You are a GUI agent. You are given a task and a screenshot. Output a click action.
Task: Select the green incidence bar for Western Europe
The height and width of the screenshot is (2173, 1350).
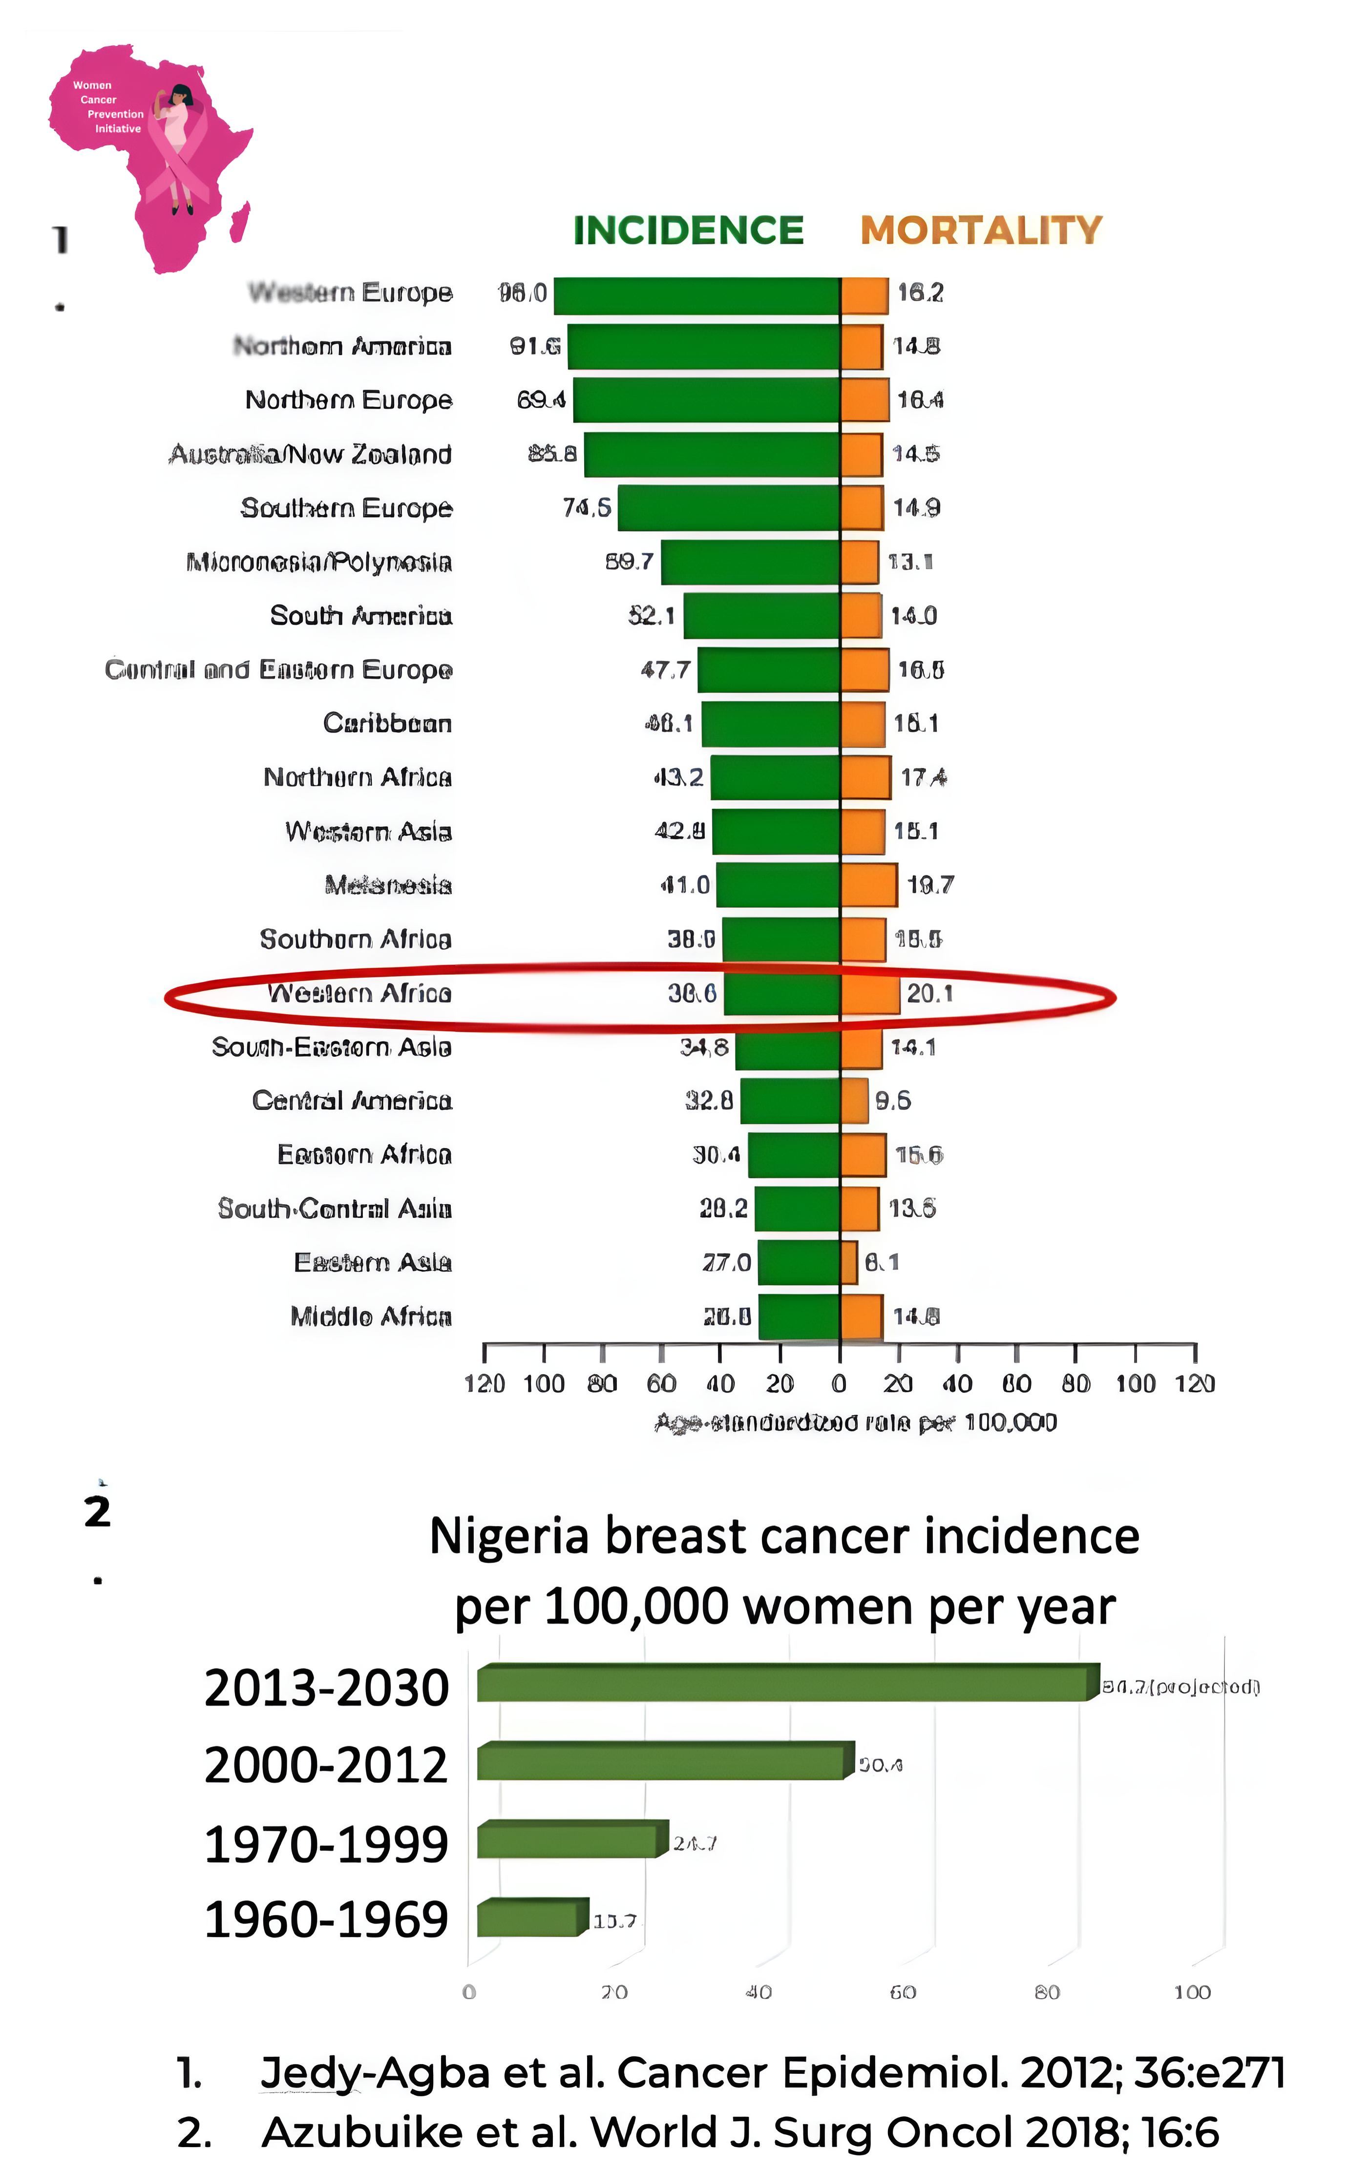(696, 295)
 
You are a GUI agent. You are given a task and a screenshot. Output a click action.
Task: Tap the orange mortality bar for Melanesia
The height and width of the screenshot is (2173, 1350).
(869, 885)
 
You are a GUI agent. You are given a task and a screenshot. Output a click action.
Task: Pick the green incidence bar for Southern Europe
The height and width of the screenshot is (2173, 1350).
(729, 509)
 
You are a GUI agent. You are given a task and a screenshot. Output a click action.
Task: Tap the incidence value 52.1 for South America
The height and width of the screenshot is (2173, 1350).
(651, 616)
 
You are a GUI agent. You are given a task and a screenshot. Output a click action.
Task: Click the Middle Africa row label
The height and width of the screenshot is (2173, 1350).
(371, 1316)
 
